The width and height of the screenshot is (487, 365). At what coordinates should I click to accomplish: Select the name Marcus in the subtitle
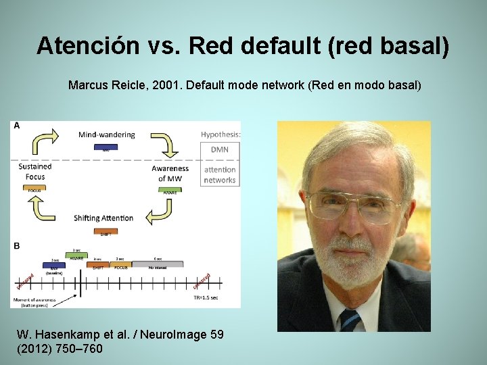point(89,86)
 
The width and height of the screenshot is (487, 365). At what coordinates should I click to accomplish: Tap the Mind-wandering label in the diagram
point(106,135)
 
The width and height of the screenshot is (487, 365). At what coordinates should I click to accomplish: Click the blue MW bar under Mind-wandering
point(106,147)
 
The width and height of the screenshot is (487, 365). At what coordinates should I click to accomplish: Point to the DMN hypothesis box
point(219,149)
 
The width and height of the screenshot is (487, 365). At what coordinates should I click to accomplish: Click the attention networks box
point(219,174)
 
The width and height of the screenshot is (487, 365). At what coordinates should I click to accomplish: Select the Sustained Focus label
point(34,172)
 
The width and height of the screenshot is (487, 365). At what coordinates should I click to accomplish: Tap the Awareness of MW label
point(170,173)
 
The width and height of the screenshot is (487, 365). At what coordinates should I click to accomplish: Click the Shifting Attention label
point(103,218)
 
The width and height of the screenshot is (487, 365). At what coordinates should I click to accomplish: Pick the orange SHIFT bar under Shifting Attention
point(106,231)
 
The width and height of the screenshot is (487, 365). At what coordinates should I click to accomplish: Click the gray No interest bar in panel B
point(156,266)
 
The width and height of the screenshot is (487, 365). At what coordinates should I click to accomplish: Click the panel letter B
point(16,246)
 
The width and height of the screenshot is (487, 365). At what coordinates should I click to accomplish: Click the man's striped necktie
point(350,320)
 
